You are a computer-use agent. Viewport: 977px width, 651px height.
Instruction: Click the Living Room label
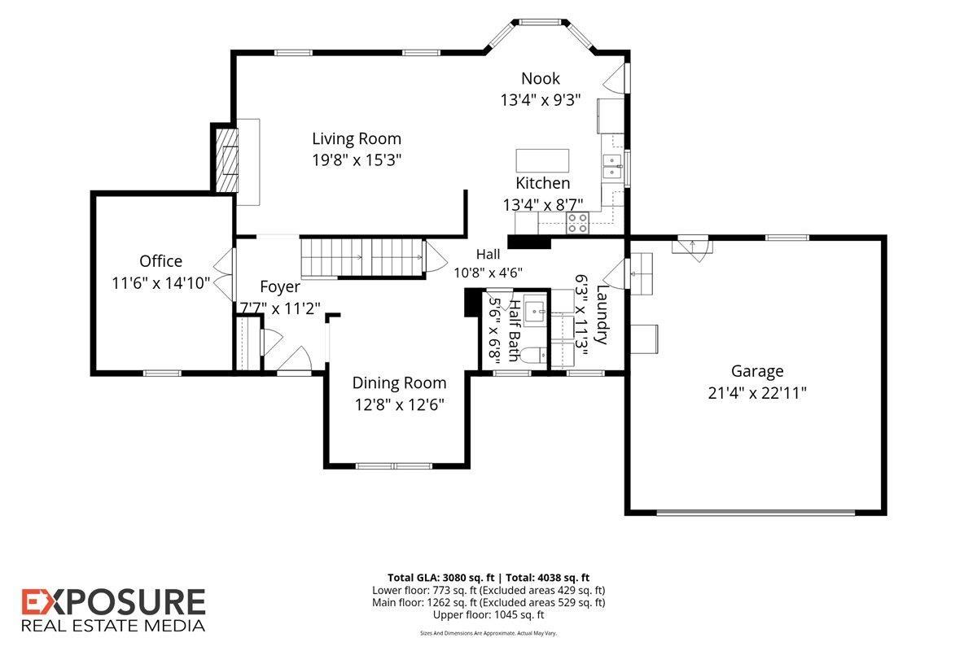click(357, 138)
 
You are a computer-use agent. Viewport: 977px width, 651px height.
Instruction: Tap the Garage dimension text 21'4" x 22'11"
click(757, 393)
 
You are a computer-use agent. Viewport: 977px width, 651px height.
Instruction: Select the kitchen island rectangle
click(542, 160)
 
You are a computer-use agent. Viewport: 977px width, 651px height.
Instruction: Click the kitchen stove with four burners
click(577, 223)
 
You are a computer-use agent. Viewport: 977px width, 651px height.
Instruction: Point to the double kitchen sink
click(612, 166)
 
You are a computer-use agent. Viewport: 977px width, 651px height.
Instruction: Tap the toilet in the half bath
click(534, 355)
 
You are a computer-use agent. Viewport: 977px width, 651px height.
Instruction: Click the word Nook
click(541, 78)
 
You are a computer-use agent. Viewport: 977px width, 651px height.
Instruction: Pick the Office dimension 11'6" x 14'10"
click(161, 283)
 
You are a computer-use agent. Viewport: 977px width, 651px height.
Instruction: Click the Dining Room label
click(399, 382)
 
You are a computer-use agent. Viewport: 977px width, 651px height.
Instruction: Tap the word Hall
click(488, 254)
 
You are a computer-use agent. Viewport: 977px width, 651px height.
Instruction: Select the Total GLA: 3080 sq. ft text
click(441, 578)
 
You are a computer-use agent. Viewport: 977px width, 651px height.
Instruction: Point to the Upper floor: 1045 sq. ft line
click(488, 615)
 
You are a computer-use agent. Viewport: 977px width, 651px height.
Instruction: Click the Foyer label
click(280, 287)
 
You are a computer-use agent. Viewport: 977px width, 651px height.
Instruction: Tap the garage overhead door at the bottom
click(756, 513)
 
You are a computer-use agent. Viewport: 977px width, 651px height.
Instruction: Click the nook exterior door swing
click(614, 78)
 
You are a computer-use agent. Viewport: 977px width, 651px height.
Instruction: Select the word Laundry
click(602, 314)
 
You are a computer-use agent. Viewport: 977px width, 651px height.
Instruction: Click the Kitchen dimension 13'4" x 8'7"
click(542, 205)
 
